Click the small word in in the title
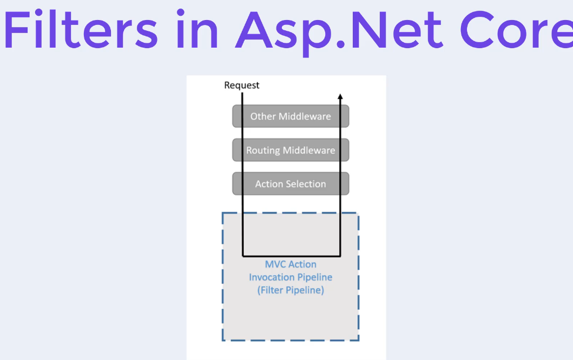(197, 29)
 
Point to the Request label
(241, 86)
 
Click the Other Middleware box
(291, 116)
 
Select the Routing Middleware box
(291, 150)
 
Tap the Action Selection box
(291, 184)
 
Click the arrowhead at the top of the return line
(340, 96)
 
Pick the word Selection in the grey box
(306, 184)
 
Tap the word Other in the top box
(263, 116)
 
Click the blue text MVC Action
(291, 264)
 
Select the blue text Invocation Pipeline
(291, 277)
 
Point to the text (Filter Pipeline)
(291, 290)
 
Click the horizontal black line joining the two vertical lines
(291, 256)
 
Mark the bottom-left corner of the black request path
(242, 256)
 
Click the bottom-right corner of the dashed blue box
(359, 341)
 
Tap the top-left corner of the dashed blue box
(223, 213)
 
